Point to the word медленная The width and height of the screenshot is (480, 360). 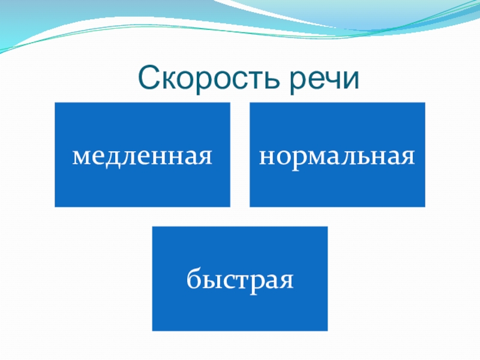[x=142, y=157]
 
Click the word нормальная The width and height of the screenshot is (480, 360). [x=337, y=157]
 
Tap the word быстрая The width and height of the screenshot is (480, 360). [x=240, y=280]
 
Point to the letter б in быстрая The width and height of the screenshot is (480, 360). [x=193, y=278]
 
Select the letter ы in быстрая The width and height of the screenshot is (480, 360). [x=209, y=280]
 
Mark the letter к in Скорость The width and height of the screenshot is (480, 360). [x=169, y=80]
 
